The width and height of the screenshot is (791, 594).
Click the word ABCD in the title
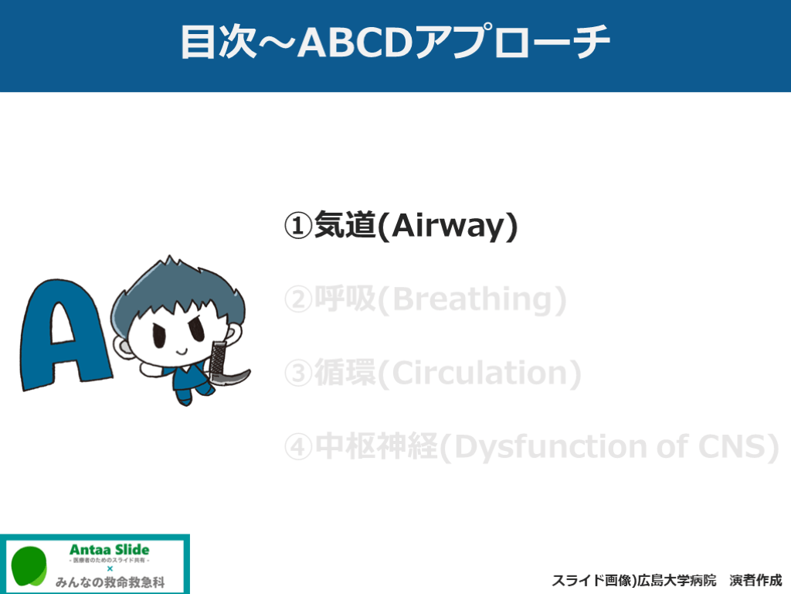point(355,42)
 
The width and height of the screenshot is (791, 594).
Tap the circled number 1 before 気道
point(298,226)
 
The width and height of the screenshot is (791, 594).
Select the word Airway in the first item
point(448,227)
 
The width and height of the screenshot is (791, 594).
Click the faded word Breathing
point(473,300)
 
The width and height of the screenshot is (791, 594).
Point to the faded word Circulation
point(479,374)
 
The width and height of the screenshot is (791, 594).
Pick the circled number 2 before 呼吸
point(298,299)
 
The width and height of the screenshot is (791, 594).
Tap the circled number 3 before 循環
point(298,374)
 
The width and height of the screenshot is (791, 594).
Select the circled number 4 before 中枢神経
point(298,447)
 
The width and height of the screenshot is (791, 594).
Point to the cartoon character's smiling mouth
point(182,350)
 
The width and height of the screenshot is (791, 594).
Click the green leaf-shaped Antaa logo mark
point(29,566)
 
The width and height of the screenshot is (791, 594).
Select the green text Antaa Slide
point(110,550)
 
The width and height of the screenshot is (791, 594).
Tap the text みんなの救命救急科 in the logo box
point(110,582)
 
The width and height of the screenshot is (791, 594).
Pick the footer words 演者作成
point(755,581)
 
